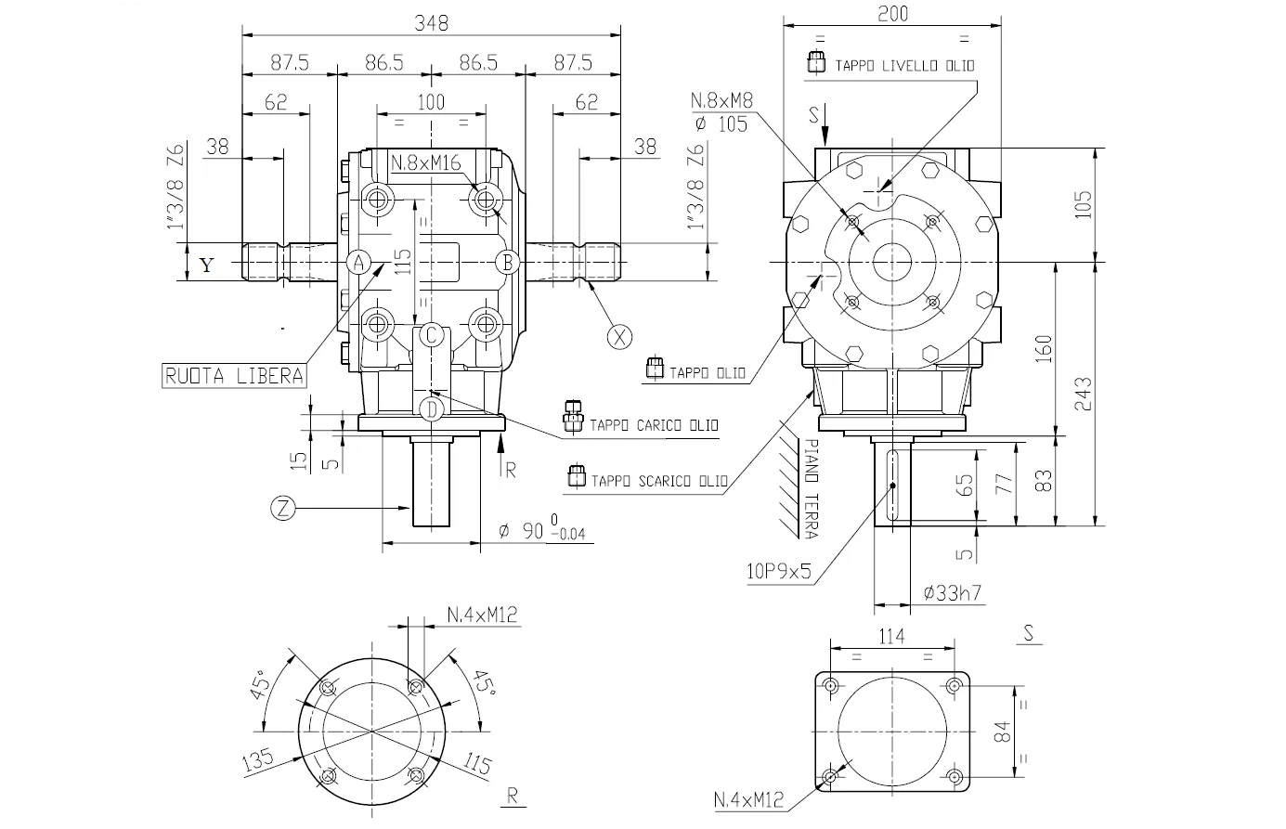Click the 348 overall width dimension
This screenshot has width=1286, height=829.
431,23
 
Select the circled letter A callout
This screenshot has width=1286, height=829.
361,263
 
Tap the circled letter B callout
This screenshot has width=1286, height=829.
507,263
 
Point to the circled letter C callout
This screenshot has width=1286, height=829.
431,335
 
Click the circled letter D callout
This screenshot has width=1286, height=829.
431,408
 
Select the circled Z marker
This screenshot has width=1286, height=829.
283,508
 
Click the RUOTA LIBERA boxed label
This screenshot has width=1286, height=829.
234,375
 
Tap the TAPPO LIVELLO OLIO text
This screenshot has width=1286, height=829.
903,66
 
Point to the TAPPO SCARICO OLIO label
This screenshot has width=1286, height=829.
659,481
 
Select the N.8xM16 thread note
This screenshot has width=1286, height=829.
426,164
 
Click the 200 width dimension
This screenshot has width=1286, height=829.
892,13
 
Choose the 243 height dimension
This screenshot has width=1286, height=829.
1083,394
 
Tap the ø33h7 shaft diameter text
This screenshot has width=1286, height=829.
954,592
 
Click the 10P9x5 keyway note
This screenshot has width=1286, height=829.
778,571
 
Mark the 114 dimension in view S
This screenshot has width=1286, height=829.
891,636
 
